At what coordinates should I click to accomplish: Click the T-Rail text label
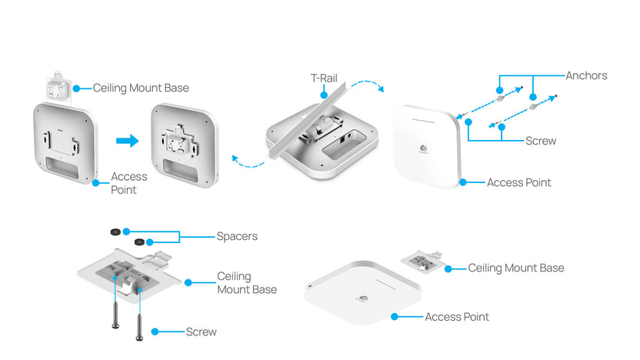[x=324, y=78]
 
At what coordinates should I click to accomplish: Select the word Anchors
[x=586, y=75]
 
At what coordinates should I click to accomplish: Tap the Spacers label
[x=237, y=236]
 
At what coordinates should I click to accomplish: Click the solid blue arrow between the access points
[x=127, y=141]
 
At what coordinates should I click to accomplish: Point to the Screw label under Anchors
[x=541, y=141]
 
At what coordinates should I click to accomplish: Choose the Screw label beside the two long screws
[x=202, y=332]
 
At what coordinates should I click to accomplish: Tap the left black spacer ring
[x=114, y=230]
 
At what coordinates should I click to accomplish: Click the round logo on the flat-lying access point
[x=358, y=298]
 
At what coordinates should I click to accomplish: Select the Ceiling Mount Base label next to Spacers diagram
[x=247, y=282]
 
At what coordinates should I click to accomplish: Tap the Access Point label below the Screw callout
[x=518, y=182]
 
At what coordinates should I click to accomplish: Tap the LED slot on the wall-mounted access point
[x=428, y=121]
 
